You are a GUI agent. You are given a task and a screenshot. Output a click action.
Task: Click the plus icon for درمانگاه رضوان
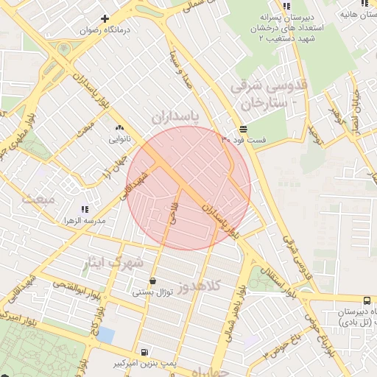tap(105, 18)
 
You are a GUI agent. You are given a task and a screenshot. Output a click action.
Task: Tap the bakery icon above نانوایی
tap(119, 128)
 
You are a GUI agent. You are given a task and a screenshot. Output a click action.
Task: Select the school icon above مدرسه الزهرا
tap(84, 210)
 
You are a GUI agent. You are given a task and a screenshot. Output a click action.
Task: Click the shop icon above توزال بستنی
tap(152, 281)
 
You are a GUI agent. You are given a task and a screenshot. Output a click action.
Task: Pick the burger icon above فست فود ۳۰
tap(243, 128)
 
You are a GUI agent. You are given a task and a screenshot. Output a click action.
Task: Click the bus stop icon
tap(367, 300)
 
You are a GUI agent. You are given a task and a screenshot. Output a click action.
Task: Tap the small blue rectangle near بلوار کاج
tap(106, 335)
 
